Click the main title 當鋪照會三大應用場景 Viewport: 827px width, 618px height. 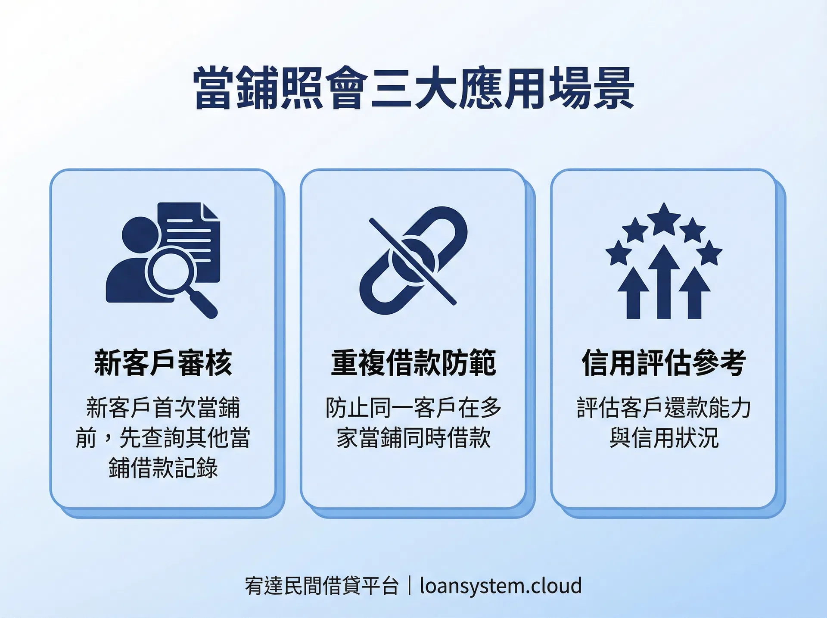coord(413,88)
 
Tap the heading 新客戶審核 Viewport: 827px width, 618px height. coord(163,363)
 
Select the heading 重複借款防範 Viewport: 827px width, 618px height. coord(413,363)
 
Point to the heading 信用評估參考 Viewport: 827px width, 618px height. coord(664,363)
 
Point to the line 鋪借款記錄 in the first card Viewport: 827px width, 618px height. coord(163,468)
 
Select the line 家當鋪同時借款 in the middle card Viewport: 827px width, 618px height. coord(413,438)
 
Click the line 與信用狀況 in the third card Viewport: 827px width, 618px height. coord(664,438)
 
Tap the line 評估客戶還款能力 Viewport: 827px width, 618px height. coord(664,408)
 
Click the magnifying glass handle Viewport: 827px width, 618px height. coord(203,304)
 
